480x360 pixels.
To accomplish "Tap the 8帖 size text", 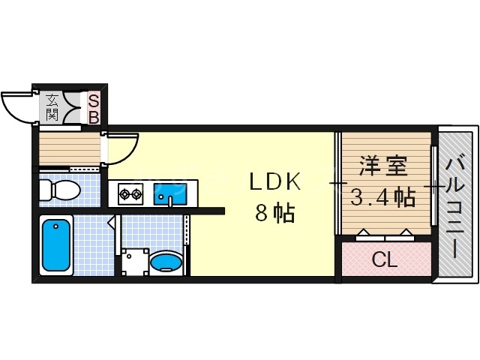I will click(x=275, y=213).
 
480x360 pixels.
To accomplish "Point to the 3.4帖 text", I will click(x=382, y=198).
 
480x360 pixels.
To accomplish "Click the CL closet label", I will click(x=385, y=261).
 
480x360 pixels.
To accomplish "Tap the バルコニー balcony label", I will click(x=455, y=205).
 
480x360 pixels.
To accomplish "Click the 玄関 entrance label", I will click(x=52, y=106).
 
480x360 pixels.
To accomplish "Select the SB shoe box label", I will click(x=94, y=107).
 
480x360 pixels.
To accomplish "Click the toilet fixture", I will click(x=60, y=190).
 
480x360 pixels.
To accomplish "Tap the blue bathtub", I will click(x=57, y=244).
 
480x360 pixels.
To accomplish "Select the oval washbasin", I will click(x=166, y=262).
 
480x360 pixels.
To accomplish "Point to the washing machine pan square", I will click(x=136, y=262).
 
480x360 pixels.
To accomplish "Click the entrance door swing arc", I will click(x=16, y=105).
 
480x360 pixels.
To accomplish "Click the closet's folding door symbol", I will click(x=385, y=233).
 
